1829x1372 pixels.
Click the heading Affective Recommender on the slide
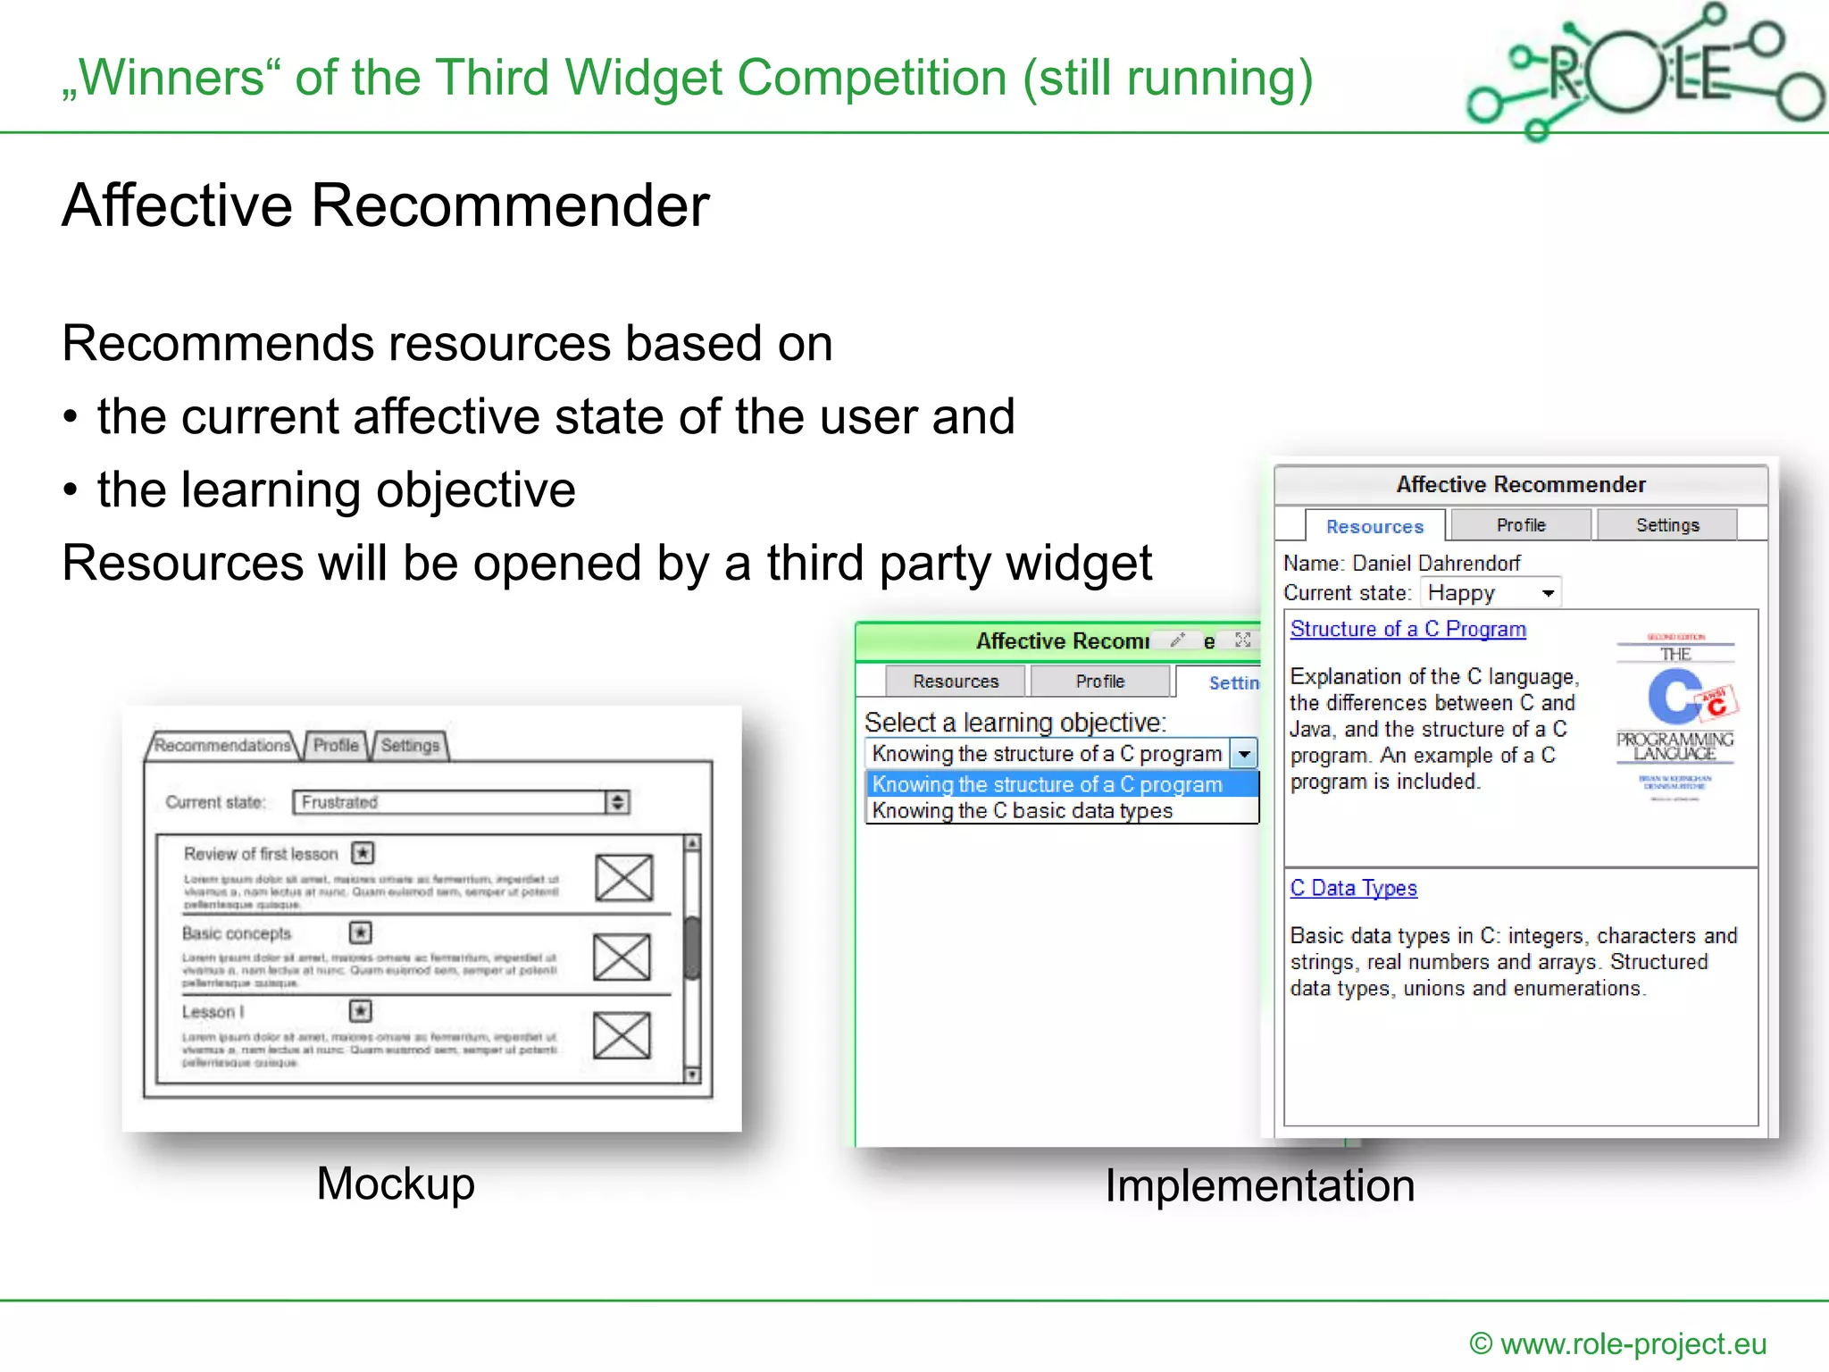point(385,205)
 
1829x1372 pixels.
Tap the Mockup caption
point(396,1184)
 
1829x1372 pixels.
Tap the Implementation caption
point(1259,1185)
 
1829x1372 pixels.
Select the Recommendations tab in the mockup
point(222,745)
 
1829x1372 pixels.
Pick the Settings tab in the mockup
point(410,745)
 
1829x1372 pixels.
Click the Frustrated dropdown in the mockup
point(460,802)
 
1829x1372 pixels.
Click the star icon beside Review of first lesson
point(363,853)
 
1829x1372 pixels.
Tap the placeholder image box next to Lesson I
point(622,1034)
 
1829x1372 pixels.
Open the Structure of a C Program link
point(1407,629)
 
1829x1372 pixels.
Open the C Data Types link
point(1353,888)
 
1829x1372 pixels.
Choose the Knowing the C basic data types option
point(1022,811)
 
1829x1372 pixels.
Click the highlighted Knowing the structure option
point(1047,784)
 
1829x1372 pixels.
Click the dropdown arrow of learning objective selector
point(1244,754)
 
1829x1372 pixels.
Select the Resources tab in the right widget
point(1374,526)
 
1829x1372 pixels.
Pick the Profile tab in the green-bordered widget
point(1099,682)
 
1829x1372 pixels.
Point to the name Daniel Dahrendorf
point(1436,563)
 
